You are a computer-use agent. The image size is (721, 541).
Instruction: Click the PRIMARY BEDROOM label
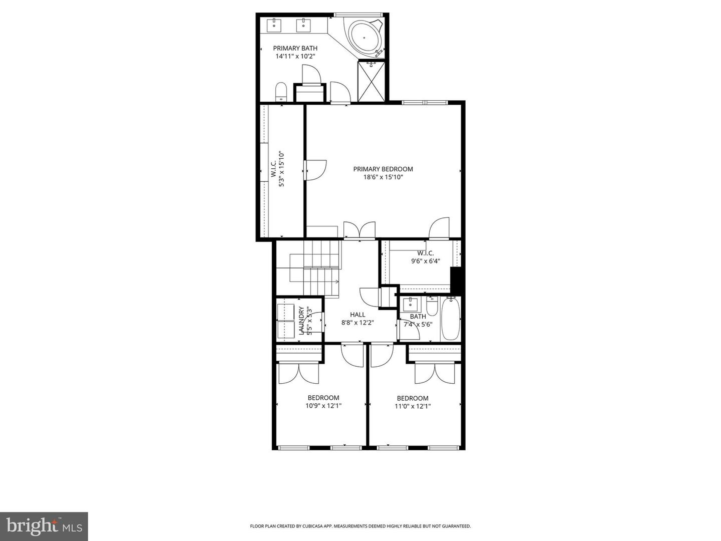tap(383, 169)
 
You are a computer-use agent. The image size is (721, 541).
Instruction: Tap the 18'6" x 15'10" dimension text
tap(383, 177)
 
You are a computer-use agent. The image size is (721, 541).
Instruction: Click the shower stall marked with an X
tap(372, 82)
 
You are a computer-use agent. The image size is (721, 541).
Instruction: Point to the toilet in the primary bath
tap(281, 92)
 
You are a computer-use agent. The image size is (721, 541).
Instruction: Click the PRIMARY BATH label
tap(295, 48)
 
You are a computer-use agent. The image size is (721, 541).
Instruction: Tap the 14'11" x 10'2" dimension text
tap(295, 56)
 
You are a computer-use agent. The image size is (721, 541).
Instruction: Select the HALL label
tap(357, 315)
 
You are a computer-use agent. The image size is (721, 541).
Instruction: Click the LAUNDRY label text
tap(301, 321)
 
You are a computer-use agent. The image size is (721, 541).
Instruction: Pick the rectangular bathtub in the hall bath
tap(450, 319)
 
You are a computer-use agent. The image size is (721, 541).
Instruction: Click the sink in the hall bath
tap(411, 303)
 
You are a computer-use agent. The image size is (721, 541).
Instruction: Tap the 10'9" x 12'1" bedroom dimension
tap(323, 406)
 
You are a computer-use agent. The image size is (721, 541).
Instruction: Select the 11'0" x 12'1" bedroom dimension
tap(413, 406)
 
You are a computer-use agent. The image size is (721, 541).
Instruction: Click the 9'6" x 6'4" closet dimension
tap(426, 261)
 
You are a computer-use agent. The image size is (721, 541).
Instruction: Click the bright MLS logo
tap(44, 526)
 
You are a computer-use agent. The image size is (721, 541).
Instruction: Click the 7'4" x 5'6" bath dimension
tap(418, 324)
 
